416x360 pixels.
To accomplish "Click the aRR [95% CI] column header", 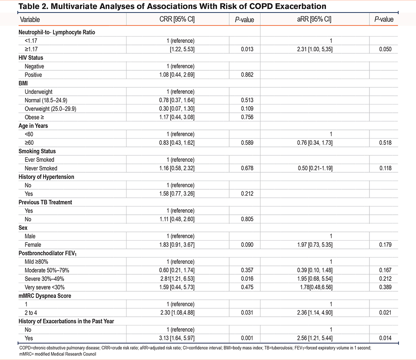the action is coord(314,20).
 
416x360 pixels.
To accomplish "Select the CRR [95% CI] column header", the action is coord(177,20).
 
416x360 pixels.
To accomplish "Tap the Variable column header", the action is coord(30,20).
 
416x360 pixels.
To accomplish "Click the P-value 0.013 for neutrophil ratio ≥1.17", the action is coord(247,49).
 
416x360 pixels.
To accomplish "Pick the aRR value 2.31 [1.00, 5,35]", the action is coord(314,49).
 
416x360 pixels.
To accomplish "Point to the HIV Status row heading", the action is coord(31,57).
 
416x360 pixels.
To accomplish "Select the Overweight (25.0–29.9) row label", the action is coord(50,109).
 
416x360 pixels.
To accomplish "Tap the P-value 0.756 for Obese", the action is coord(247,117).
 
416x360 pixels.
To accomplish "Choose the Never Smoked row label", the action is coord(41,168).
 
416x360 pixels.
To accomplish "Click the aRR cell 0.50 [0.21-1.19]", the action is coord(315,168).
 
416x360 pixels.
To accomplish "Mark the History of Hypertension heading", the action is coord(47,177).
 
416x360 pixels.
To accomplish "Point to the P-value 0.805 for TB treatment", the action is coord(247,219).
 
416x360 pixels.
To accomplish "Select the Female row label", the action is coord(33,245).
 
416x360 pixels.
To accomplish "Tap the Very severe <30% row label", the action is coord(45,287).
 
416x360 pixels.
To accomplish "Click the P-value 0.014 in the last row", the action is coord(385,338).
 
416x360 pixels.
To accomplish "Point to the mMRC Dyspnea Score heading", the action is coord(45,296).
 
